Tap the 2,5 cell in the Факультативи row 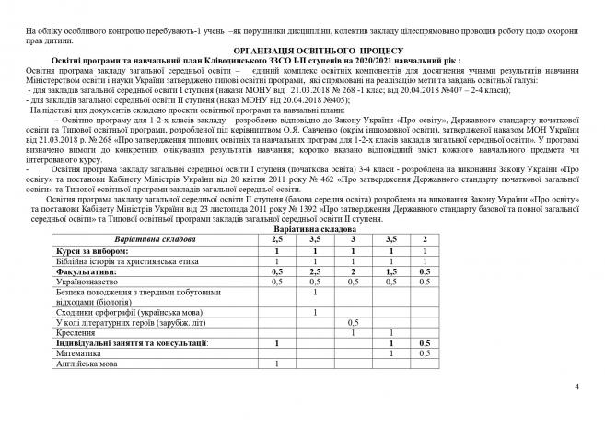click(x=315, y=272)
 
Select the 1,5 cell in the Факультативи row click(x=391, y=272)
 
